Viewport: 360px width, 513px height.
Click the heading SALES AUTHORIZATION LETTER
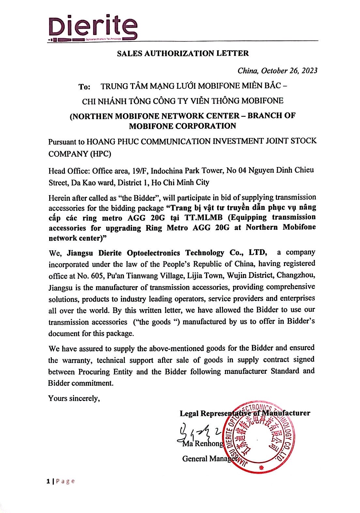coord(183,53)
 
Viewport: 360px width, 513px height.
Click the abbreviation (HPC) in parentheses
coord(99,154)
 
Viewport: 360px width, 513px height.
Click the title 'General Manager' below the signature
coord(208,459)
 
